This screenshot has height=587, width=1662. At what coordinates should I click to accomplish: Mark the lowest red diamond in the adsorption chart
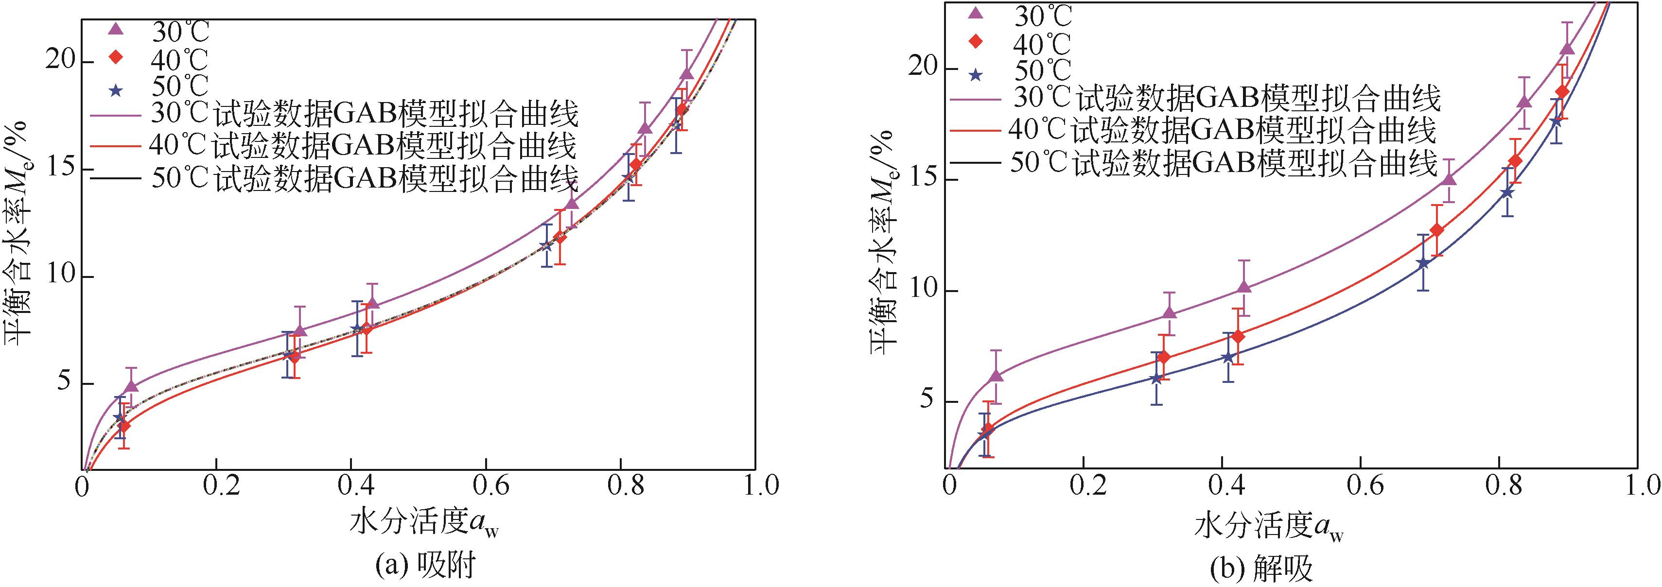[124, 426]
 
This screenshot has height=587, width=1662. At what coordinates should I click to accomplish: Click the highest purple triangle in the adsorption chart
[686, 74]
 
